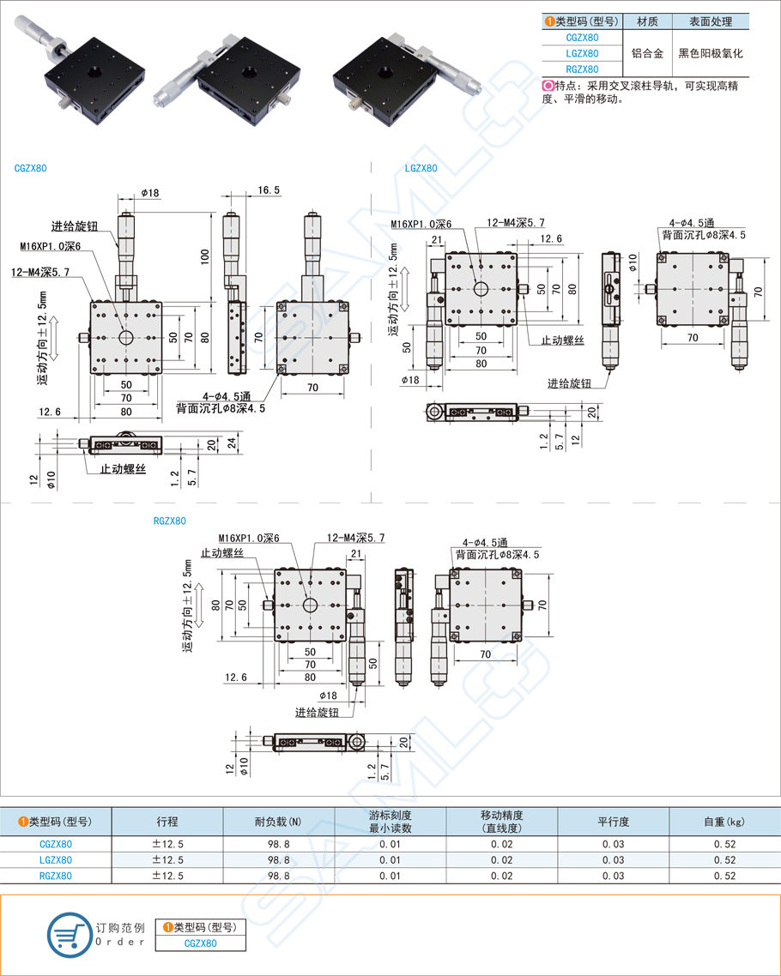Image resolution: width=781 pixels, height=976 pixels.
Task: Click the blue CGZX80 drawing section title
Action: click(x=30, y=168)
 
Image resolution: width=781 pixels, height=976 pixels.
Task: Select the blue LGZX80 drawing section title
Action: click(x=421, y=168)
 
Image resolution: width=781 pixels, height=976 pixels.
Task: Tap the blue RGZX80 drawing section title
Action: click(x=169, y=521)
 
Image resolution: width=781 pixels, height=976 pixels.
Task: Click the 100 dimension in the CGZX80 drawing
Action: click(x=205, y=256)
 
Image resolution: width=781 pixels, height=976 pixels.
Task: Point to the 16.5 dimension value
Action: click(x=268, y=190)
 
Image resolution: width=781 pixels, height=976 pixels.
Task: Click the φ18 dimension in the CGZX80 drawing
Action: click(x=149, y=193)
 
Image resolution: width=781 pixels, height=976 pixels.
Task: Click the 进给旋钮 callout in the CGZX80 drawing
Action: click(x=74, y=226)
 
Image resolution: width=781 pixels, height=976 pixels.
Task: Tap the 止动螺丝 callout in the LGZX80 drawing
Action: click(x=562, y=340)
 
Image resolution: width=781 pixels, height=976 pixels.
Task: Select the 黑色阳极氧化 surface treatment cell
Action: click(x=710, y=53)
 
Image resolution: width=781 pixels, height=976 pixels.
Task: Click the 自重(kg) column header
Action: click(x=723, y=821)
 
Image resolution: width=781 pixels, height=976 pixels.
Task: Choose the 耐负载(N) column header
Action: click(x=278, y=821)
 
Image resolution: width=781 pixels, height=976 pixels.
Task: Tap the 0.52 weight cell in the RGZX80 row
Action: click(x=723, y=876)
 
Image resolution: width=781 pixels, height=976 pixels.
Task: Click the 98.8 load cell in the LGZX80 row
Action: click(x=278, y=859)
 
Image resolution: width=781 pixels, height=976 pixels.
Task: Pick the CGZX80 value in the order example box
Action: click(x=200, y=943)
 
